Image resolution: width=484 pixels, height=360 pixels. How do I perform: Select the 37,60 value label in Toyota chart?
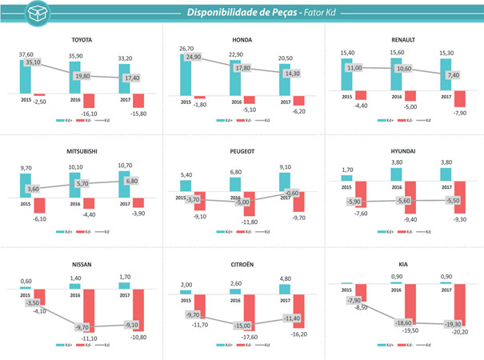tap(26, 54)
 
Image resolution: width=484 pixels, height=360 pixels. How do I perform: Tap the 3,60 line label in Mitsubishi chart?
tap(33, 189)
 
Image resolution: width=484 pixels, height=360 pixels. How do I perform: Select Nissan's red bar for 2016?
tap(90, 308)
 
